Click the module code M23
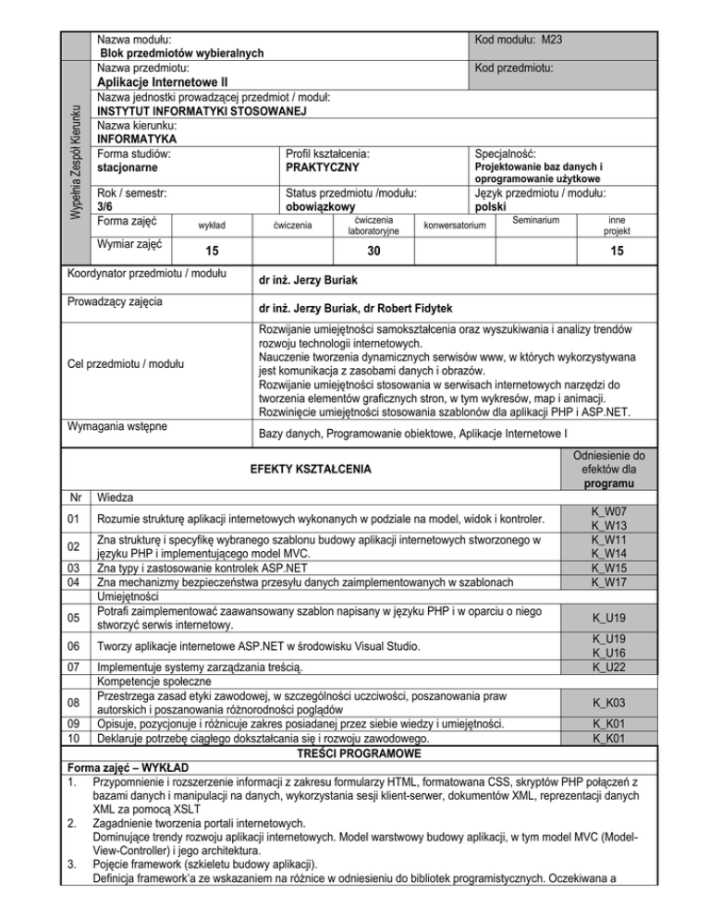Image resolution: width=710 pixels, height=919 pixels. (553, 40)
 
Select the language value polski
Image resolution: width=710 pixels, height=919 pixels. (494, 207)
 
